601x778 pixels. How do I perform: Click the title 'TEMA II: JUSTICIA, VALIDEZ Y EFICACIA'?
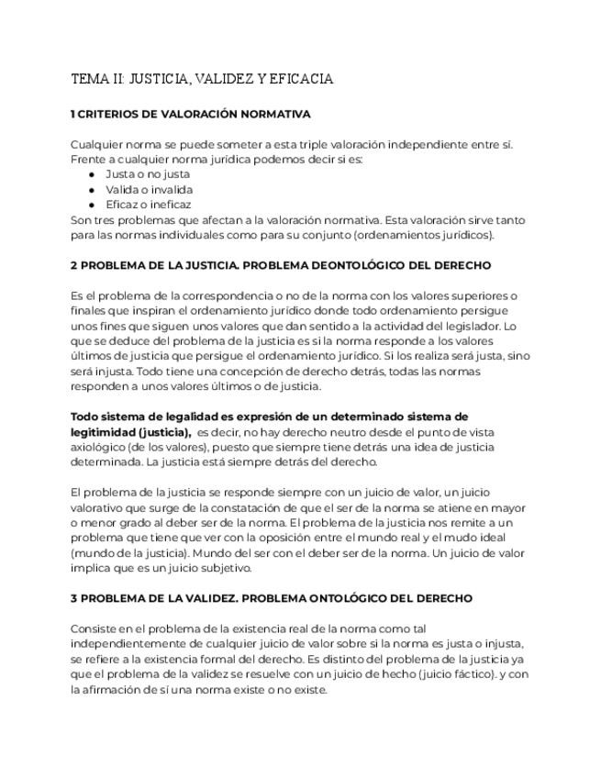(201, 80)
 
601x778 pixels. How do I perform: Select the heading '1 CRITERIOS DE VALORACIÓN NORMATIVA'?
(190, 115)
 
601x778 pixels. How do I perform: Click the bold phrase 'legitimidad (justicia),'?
(130, 431)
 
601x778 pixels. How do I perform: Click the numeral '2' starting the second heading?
(73, 265)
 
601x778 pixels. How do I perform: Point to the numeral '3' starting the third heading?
(73, 598)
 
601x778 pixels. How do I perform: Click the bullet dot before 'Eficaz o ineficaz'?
(92, 205)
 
